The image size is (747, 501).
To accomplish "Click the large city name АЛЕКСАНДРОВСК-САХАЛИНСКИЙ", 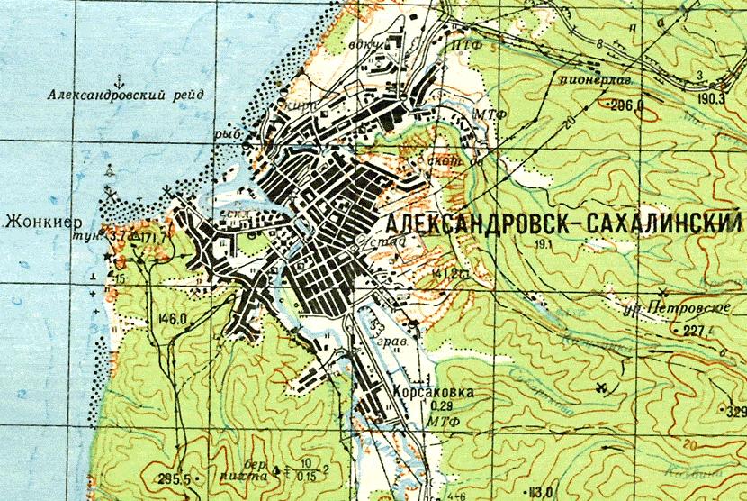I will click(x=563, y=223).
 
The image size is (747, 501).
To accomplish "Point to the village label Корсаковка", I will click(x=432, y=393).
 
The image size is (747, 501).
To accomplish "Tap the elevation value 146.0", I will click(x=170, y=318).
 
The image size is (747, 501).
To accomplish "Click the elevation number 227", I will click(x=693, y=330).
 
